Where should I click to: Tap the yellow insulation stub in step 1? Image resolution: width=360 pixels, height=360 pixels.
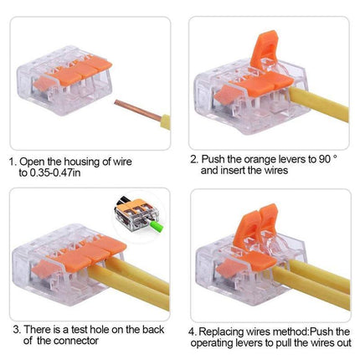165,122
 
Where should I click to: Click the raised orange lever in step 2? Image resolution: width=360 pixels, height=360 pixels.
264,49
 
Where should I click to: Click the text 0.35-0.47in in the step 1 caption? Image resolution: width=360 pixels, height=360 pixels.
50,172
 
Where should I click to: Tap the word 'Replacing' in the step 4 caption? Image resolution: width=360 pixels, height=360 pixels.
221,332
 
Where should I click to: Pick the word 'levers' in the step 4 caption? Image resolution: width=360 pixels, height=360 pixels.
247,342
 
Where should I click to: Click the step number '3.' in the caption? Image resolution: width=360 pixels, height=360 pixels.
17,330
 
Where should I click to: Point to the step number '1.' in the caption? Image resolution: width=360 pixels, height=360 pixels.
13,162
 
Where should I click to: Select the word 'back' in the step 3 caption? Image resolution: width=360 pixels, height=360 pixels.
153,329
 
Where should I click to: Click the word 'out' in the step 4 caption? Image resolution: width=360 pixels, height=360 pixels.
343,342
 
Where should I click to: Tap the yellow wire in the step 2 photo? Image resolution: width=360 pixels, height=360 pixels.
319,105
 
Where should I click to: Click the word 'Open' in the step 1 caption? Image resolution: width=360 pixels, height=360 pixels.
32,162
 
